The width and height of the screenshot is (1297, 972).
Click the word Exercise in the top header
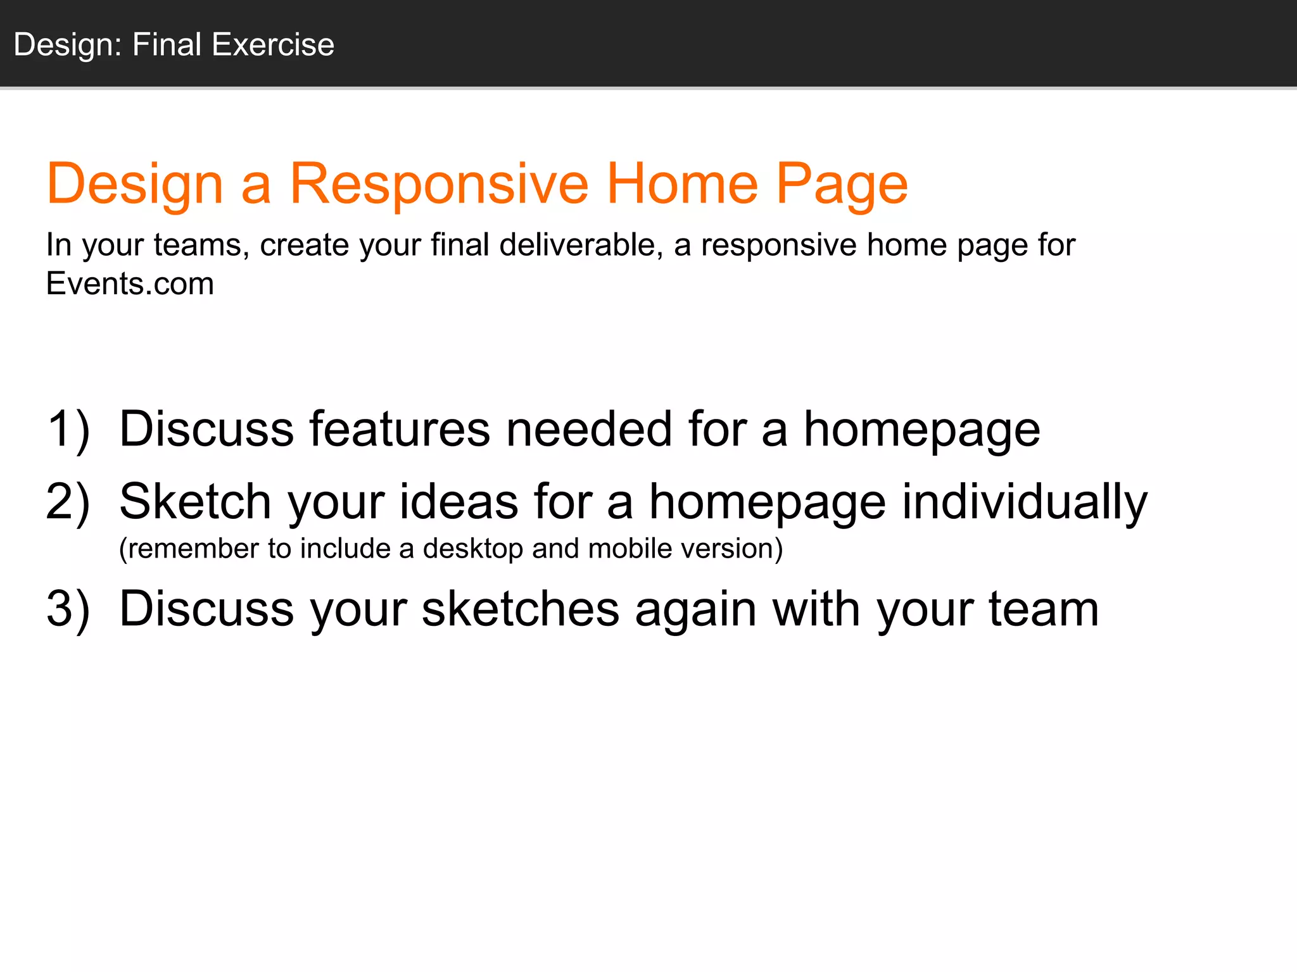point(273,45)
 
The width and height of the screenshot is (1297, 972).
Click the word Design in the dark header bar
point(63,45)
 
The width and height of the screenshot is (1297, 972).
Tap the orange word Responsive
point(439,184)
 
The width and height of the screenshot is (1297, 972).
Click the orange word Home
point(682,184)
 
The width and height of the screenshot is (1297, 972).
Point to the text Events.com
point(130,283)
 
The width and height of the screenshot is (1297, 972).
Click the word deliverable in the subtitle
point(581,245)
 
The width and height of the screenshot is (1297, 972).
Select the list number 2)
point(68,502)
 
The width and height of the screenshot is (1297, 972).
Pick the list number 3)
point(68,609)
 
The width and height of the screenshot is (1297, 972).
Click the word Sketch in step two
point(195,502)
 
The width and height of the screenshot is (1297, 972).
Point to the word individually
point(1024,502)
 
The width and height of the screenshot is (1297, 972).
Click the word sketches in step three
point(520,609)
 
